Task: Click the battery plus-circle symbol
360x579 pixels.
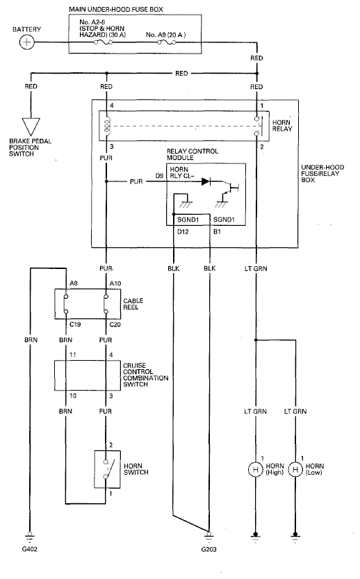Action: [x=26, y=42]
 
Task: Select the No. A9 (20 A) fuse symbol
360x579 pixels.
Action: [x=167, y=42]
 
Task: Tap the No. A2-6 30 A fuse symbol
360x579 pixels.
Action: [x=104, y=42]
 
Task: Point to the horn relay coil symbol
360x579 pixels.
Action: [x=107, y=126]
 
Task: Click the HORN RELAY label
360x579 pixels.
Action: [x=282, y=126]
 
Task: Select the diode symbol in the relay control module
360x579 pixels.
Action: [x=206, y=181]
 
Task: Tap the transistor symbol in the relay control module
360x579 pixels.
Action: [x=231, y=188]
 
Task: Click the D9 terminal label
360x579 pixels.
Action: [x=159, y=176]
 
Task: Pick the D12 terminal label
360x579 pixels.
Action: [x=183, y=232]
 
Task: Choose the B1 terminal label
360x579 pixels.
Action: [x=217, y=232]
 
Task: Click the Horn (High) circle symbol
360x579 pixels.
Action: [x=255, y=470]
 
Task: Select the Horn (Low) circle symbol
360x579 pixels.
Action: [x=295, y=470]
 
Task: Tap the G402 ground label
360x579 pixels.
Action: [x=30, y=549]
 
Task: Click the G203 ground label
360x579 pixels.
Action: [x=209, y=549]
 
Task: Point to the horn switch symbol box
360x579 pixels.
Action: [x=108, y=469]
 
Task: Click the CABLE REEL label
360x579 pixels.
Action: [x=133, y=304]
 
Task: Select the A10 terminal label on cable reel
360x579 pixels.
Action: [x=115, y=283]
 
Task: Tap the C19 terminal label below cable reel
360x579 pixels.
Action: [x=75, y=325]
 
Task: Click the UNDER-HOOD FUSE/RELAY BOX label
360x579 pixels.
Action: [x=322, y=174]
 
